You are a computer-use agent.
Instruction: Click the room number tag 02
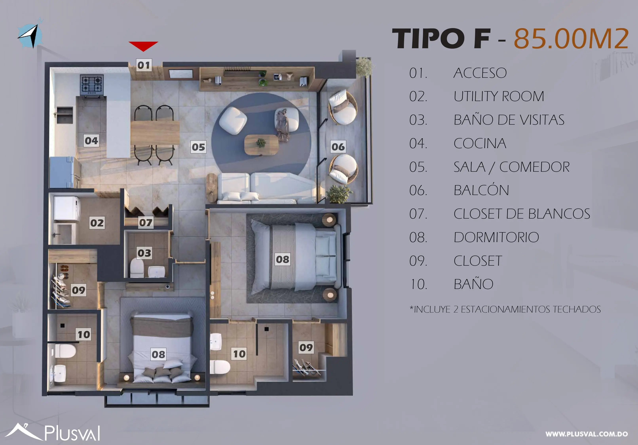(97, 223)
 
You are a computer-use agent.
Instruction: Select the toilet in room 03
(137, 268)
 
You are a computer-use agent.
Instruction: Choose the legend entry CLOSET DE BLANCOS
(522, 214)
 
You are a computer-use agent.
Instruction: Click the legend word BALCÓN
(481, 190)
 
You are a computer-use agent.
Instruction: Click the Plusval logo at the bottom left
(53, 432)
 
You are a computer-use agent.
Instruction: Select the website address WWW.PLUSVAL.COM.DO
(586, 434)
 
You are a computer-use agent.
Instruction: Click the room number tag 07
(146, 222)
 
